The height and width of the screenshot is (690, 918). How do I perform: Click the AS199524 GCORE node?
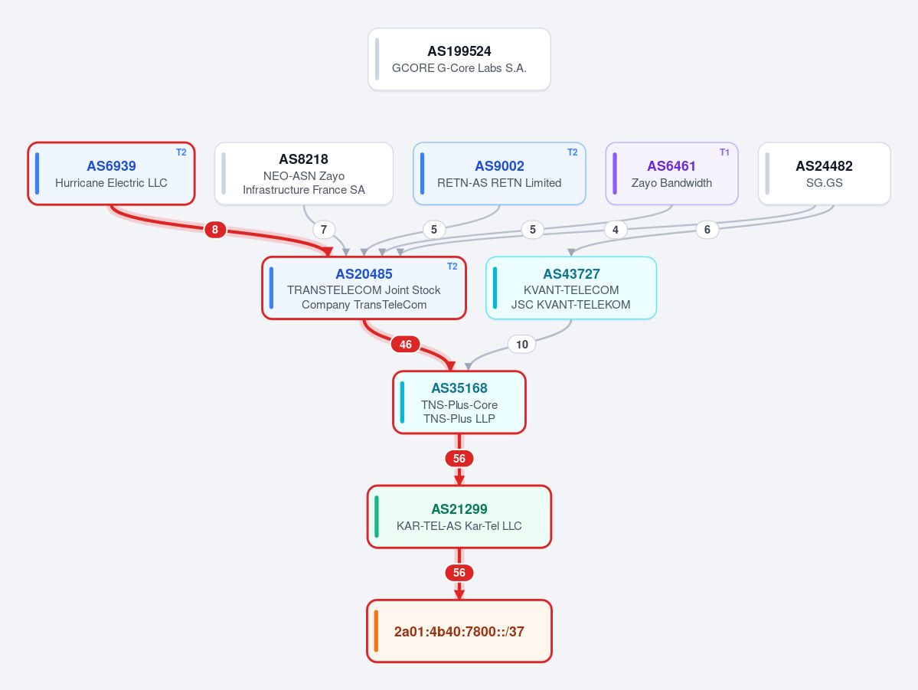pos(459,59)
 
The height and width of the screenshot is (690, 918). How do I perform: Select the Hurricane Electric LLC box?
pos(111,173)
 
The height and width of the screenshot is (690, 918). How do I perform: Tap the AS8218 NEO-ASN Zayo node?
pos(304,173)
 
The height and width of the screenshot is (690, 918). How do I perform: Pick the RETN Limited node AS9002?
pos(499,173)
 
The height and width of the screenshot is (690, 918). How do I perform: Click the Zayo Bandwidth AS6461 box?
pos(671,173)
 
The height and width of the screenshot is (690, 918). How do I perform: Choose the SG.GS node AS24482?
pos(825,173)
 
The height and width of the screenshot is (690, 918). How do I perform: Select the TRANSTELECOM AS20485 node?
pos(364,288)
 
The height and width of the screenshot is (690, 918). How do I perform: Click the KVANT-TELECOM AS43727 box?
pos(571,288)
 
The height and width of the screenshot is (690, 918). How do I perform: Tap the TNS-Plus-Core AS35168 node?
pos(459,402)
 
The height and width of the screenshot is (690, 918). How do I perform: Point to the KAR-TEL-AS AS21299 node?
pos(459,517)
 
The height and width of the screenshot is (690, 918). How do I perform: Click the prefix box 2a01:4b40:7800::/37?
pos(459,631)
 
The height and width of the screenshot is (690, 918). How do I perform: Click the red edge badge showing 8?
pos(215,230)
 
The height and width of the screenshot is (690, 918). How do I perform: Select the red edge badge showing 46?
pos(406,345)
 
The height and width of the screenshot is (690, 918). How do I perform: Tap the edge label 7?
pos(324,230)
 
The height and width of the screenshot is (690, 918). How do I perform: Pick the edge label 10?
pos(521,345)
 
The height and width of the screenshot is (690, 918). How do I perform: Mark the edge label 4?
pos(616,230)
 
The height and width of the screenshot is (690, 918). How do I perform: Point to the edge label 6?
pos(707,230)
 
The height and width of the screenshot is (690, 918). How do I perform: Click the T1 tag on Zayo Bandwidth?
pos(724,152)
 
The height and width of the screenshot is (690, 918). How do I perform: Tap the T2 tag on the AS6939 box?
pos(181,152)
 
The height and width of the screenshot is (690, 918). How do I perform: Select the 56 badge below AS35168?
pos(459,459)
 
